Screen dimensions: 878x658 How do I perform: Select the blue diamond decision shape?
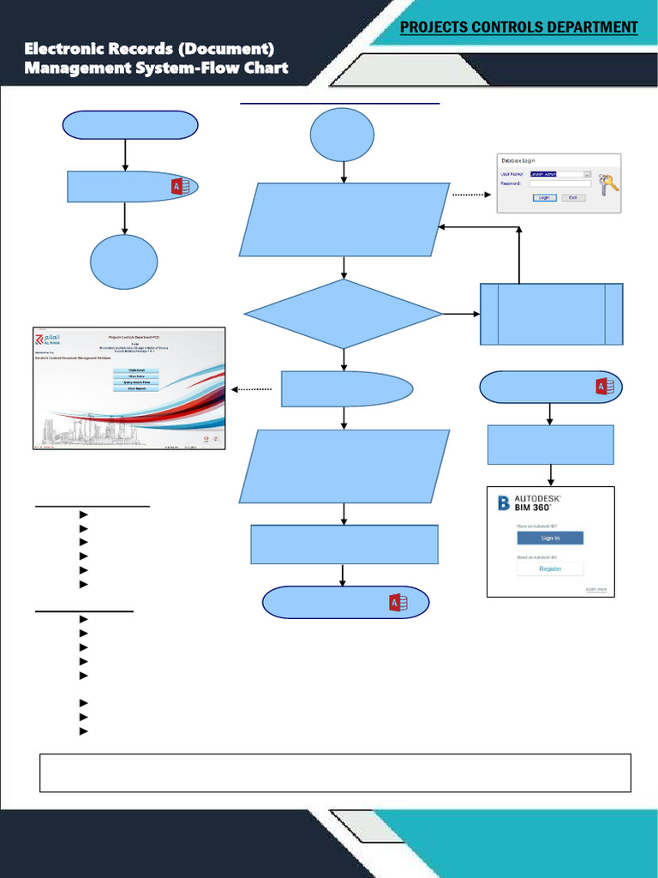(343, 314)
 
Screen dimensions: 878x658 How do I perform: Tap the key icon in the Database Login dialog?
(608, 185)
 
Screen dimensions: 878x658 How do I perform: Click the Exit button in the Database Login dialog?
(572, 197)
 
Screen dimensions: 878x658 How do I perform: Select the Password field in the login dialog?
(559, 183)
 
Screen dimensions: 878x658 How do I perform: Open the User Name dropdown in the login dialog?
(587, 173)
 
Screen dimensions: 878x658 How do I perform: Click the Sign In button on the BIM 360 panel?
(549, 538)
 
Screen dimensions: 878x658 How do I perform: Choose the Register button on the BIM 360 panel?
(549, 568)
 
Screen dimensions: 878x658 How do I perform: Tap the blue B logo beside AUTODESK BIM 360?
(504, 502)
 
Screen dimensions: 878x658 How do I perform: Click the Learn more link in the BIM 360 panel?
(595, 590)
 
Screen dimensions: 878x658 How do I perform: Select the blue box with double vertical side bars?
(552, 314)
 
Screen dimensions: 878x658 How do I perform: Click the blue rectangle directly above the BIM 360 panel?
(550, 444)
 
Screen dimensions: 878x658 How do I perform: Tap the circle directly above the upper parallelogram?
(343, 135)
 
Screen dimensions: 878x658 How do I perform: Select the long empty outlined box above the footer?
(335, 773)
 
